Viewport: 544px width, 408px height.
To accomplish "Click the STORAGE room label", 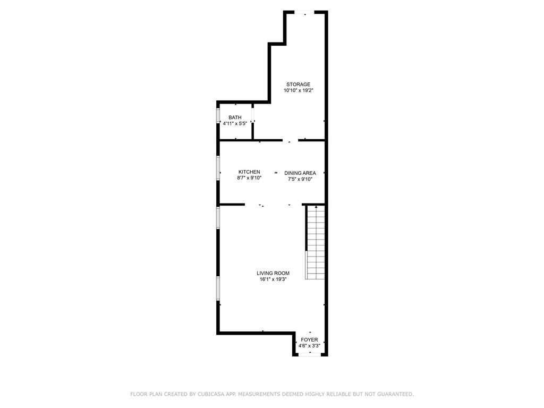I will [x=298, y=84].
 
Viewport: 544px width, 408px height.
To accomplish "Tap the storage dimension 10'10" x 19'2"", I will [x=298, y=91].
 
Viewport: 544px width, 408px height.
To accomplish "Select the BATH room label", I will [x=235, y=117].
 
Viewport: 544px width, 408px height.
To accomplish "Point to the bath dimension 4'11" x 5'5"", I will [x=235, y=124].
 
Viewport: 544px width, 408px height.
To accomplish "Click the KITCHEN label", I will [x=249, y=172].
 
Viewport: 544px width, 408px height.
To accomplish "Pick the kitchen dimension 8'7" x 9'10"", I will [x=249, y=178].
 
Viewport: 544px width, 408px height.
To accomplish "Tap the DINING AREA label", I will [x=300, y=173].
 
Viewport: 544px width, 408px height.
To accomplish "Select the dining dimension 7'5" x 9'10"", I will [x=300, y=180].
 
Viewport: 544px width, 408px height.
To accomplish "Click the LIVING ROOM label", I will [x=273, y=273].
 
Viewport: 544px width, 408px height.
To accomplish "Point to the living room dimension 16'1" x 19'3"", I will [x=273, y=279].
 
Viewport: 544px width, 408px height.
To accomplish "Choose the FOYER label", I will [x=309, y=339].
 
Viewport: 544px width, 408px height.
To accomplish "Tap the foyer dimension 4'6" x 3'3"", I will [x=309, y=346].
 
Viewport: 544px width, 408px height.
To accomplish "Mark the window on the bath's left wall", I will [x=218, y=116].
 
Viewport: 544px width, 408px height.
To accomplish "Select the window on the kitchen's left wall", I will [x=218, y=167].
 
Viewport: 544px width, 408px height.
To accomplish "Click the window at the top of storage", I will [x=305, y=12].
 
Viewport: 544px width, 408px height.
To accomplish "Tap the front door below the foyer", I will [x=310, y=355].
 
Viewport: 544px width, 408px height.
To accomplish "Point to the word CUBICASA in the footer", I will [x=211, y=394].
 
